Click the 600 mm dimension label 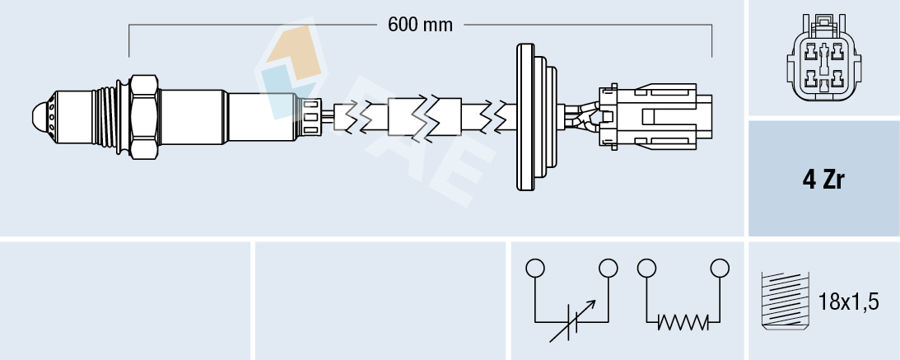(x=420, y=25)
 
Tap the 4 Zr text (x=823, y=180)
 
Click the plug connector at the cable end (x=659, y=116)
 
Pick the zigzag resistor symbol (x=683, y=323)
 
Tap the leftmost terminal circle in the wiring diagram (x=535, y=268)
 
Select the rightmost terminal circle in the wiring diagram (x=720, y=268)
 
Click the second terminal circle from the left (x=609, y=268)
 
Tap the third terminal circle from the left (x=646, y=268)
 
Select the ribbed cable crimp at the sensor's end (x=311, y=116)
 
